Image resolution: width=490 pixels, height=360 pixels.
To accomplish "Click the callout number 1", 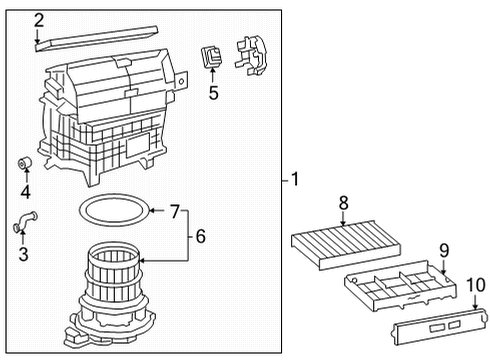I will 294,180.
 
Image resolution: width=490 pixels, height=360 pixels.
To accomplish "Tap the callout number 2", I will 38,19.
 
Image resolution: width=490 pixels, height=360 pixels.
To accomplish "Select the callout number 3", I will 22,254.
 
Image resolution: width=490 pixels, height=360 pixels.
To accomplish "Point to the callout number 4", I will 25,192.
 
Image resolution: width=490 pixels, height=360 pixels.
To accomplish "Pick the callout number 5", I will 212,94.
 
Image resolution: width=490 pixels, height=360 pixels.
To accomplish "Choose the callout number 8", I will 343,204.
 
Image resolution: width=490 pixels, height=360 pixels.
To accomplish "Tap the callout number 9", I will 444,249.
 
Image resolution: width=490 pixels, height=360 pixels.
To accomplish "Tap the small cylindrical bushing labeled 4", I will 27,164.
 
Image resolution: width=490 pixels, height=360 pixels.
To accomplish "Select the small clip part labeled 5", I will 211,57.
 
